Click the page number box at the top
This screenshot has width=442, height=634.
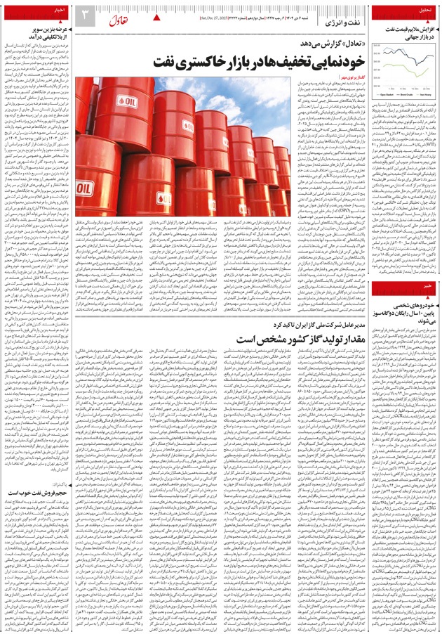83,15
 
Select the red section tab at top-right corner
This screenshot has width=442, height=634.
425,11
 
